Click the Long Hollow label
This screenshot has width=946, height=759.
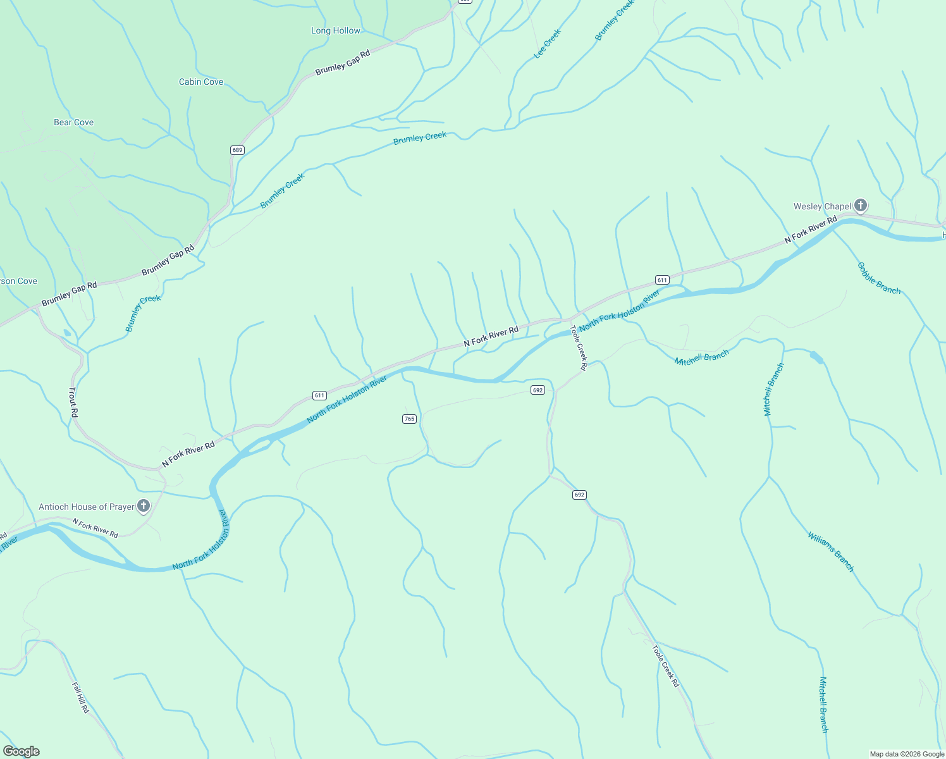click(x=335, y=30)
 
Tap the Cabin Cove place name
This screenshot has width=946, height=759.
click(x=201, y=82)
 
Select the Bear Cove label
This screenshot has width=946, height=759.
click(x=73, y=122)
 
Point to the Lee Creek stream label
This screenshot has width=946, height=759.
click(x=548, y=44)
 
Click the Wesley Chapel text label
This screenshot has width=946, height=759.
click(x=822, y=206)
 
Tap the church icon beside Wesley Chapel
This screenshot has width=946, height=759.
click(x=860, y=205)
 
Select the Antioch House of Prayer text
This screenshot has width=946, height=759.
click(x=87, y=507)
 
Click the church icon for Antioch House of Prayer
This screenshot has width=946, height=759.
click(x=144, y=505)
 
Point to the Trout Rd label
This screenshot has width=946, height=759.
click(x=73, y=402)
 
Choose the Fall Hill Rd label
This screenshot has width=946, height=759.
click(x=80, y=698)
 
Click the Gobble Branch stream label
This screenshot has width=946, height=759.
click(x=879, y=278)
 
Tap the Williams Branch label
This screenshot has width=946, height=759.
click(x=831, y=552)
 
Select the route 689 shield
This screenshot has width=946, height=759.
click(x=237, y=150)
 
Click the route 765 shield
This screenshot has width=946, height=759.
click(x=409, y=419)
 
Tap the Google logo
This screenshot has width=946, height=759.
click(x=21, y=751)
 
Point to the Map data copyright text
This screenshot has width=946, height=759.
click(x=906, y=754)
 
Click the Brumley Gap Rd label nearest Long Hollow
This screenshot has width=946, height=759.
click(x=342, y=63)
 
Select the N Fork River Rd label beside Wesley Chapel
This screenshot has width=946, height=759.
click(x=811, y=230)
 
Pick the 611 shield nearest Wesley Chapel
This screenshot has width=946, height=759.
click(x=662, y=280)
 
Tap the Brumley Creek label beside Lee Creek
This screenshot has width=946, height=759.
click(x=614, y=21)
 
